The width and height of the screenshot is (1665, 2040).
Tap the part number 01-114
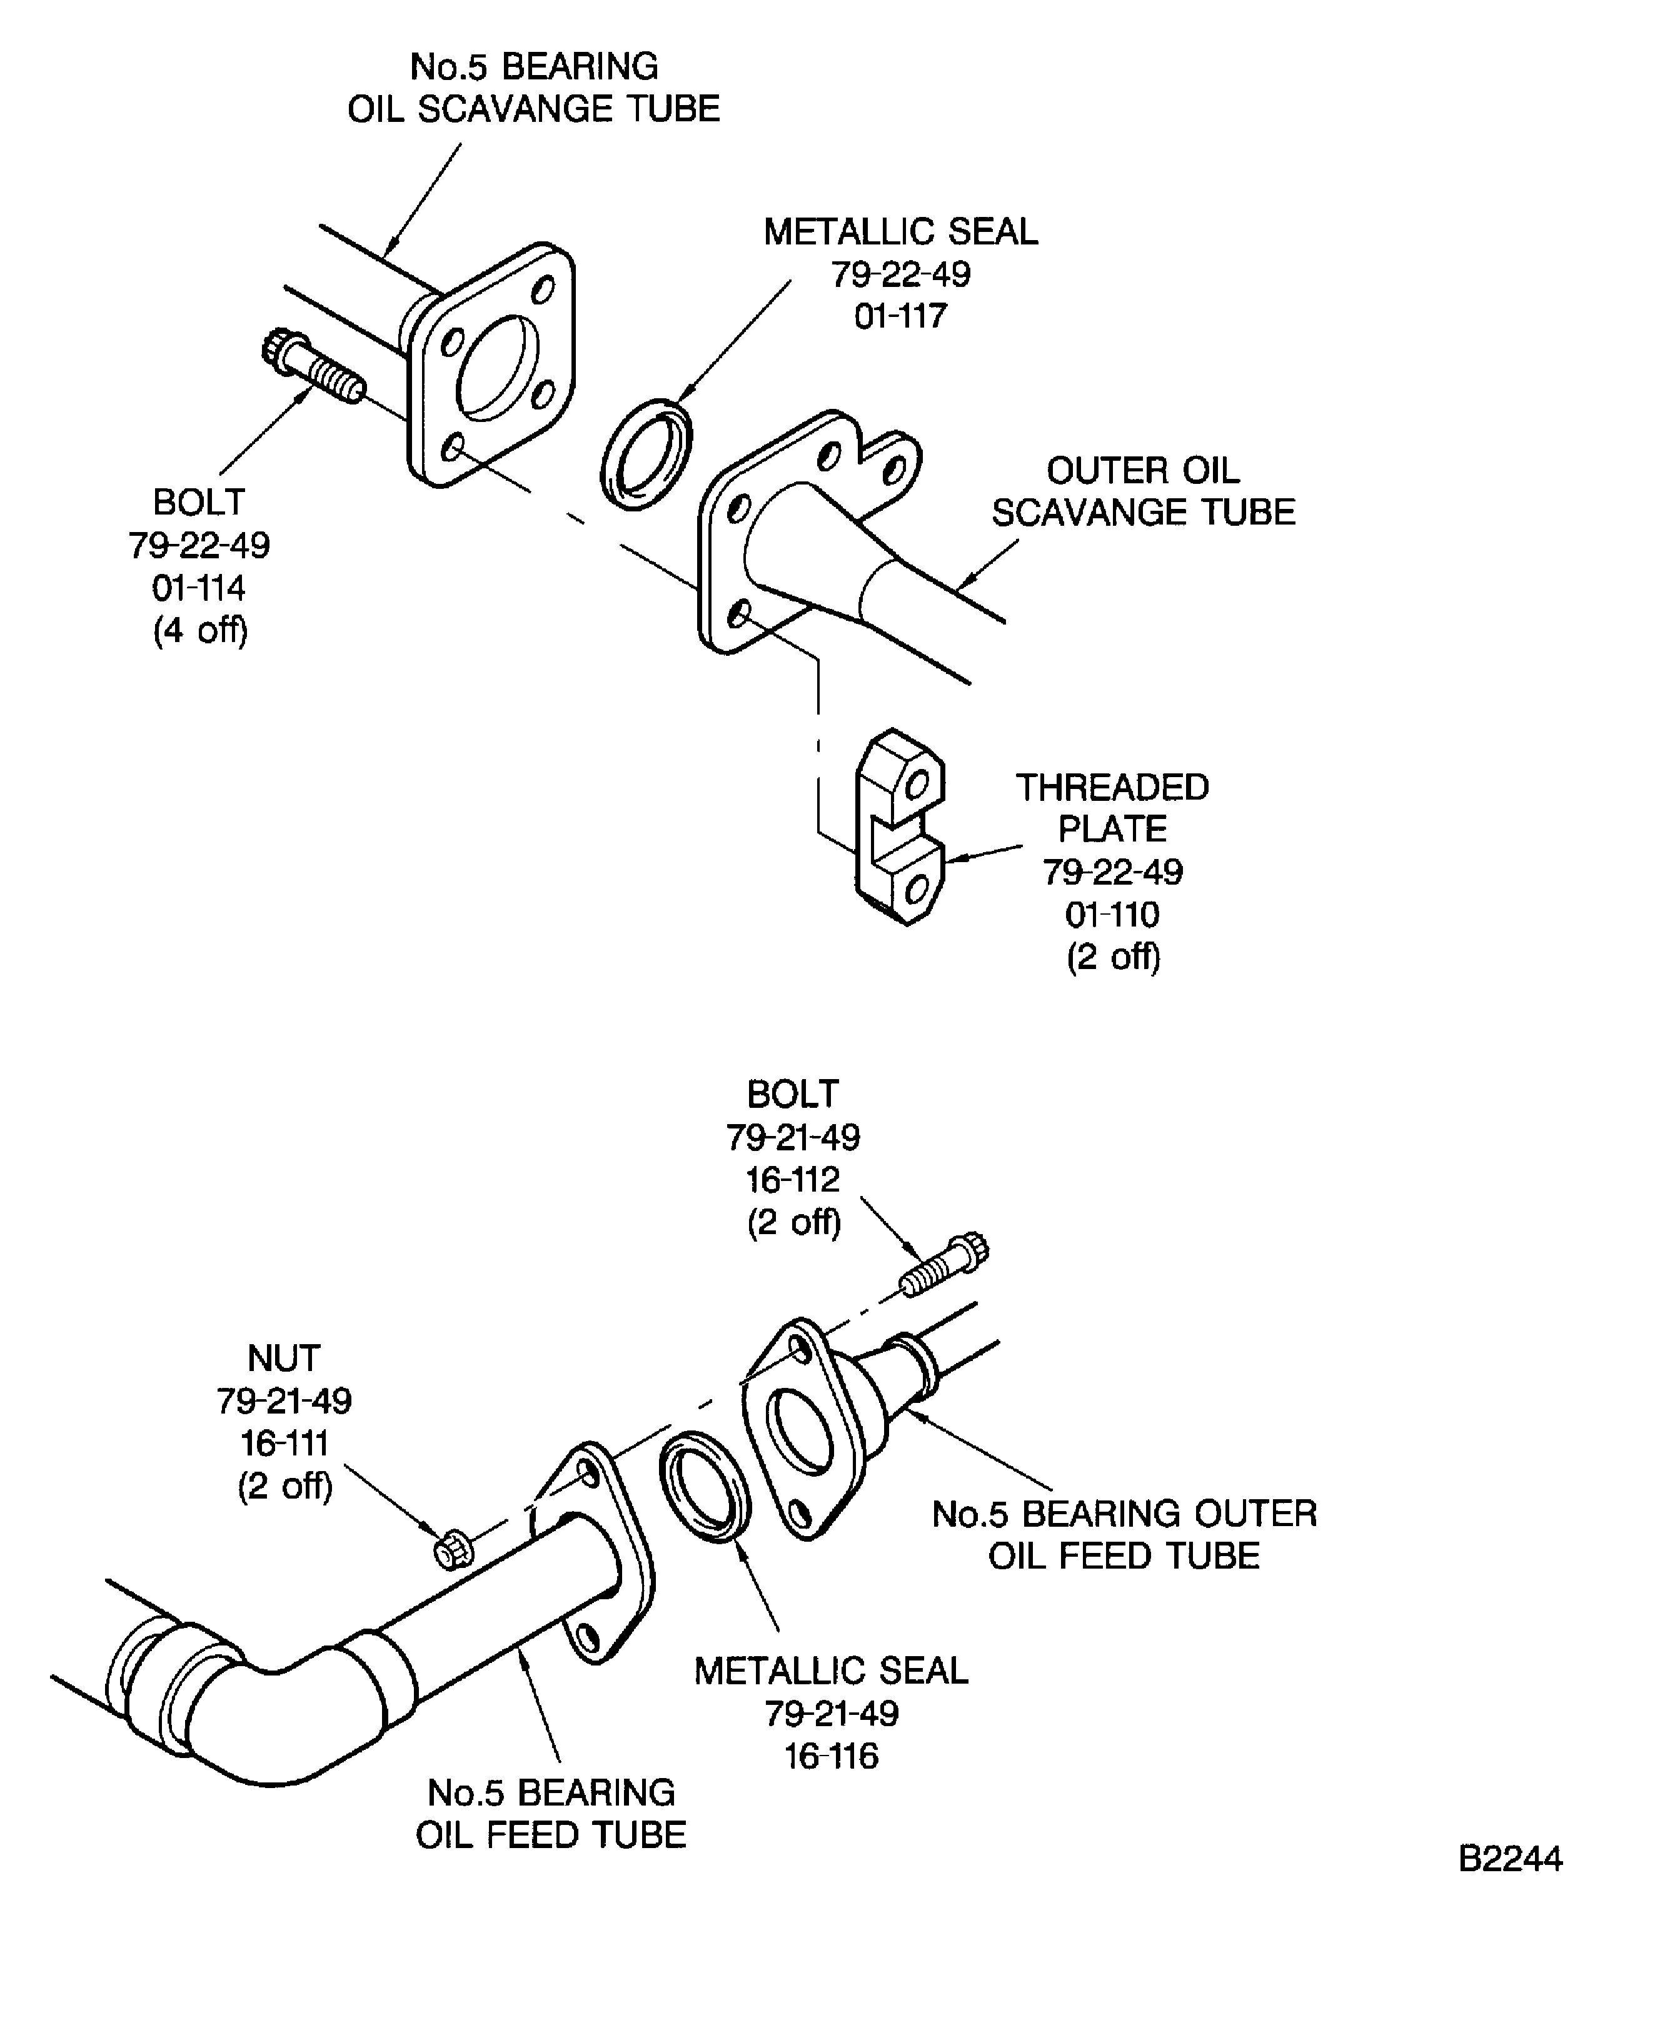click(199, 588)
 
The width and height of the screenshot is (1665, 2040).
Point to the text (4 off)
click(199, 630)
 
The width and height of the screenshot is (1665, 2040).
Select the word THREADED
click(1112, 787)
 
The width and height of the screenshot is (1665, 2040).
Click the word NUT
click(283, 1358)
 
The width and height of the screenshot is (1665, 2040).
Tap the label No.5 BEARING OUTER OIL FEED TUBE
click(1124, 1535)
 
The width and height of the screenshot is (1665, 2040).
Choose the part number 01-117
click(900, 316)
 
